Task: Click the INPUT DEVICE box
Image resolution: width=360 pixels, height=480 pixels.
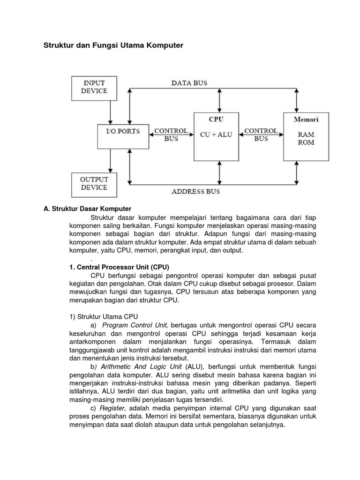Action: (94, 87)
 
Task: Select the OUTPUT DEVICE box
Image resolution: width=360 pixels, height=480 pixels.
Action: (94, 183)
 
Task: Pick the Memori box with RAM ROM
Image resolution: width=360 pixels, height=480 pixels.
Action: (306, 136)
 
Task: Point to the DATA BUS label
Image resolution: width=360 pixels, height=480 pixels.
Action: (189, 83)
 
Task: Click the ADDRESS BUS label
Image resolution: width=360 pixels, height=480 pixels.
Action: (195, 191)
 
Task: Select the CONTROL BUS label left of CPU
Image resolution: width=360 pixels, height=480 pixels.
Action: (171, 135)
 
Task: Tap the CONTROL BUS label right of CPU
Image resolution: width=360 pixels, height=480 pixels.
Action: (261, 135)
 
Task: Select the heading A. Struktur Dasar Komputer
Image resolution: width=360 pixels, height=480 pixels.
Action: (87, 208)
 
